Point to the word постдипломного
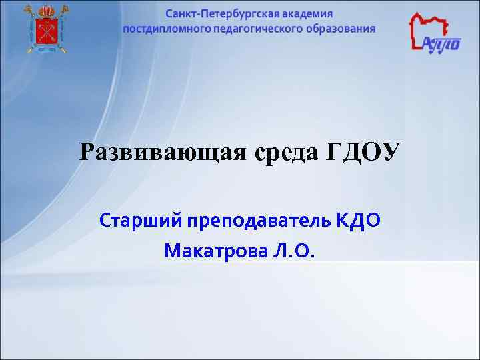tap(164, 29)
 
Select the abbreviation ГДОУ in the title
tap(363, 153)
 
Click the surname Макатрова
tap(216, 251)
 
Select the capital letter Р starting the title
tap(87, 153)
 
